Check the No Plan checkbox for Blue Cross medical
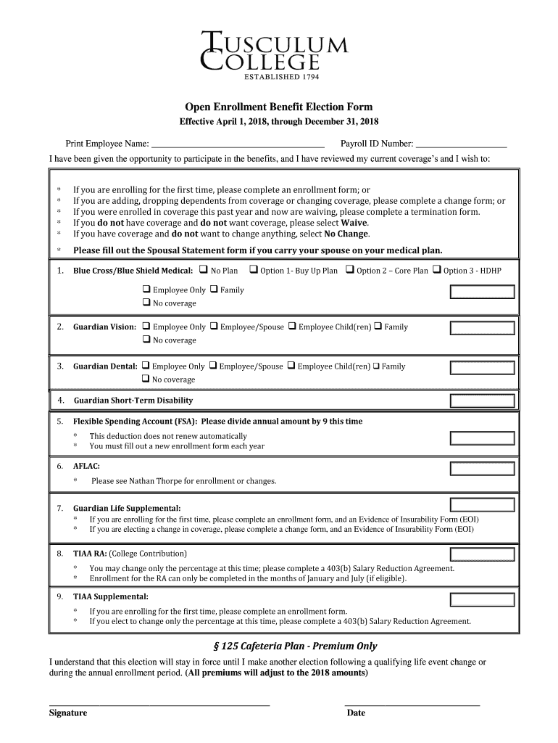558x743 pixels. (x=204, y=271)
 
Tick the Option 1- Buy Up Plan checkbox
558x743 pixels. (x=254, y=271)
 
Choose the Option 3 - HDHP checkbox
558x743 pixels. (x=437, y=271)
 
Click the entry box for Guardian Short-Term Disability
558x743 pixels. (x=482, y=401)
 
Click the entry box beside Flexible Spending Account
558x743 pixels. (x=482, y=438)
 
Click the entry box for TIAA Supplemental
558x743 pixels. (x=482, y=599)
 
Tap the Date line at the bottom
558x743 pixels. (x=412, y=704)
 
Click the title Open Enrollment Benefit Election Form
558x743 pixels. (x=279, y=107)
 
